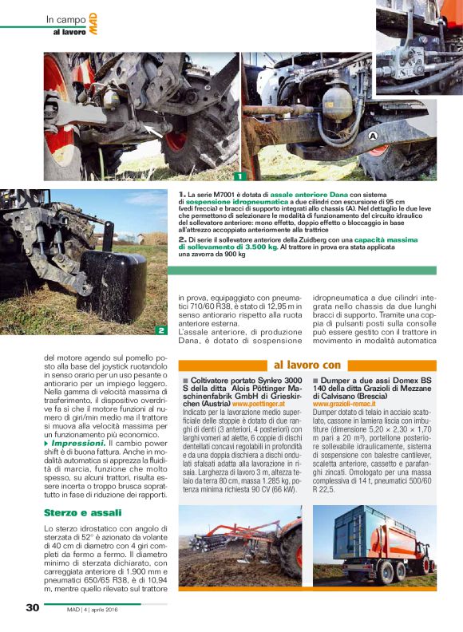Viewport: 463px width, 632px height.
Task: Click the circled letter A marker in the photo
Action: click(x=372, y=137)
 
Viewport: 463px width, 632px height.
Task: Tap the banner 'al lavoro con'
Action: click(x=307, y=365)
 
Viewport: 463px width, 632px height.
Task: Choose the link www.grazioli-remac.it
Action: click(x=346, y=405)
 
